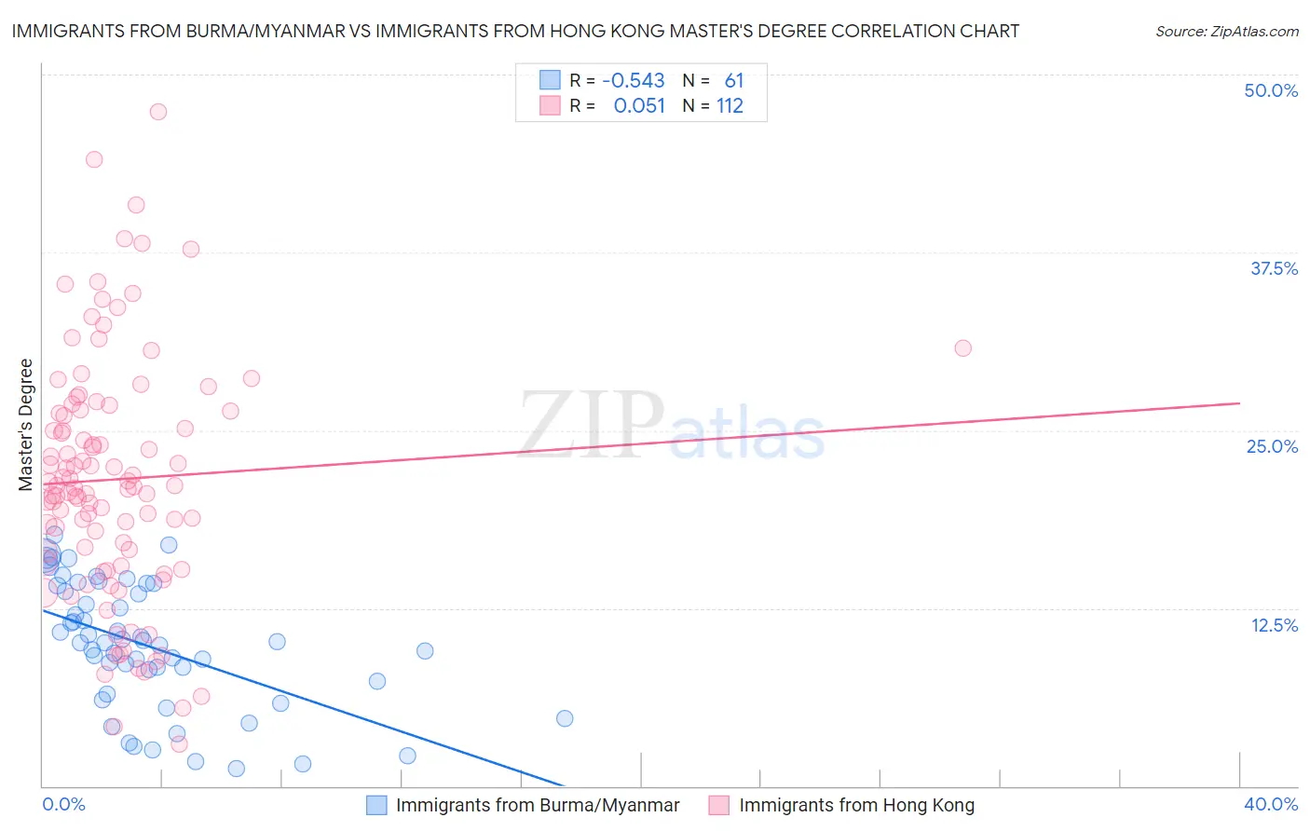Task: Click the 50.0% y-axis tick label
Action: (1271, 90)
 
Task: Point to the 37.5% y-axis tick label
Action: (1274, 268)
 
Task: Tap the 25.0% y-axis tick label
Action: (1272, 446)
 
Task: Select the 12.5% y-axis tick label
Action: (1274, 624)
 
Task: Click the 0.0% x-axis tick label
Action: (63, 804)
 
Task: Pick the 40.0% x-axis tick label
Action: (1271, 804)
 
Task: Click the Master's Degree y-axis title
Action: (26, 424)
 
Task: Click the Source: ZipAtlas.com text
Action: (1226, 31)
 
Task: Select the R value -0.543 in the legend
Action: (634, 81)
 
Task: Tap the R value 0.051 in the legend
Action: (639, 106)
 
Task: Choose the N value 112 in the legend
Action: (730, 106)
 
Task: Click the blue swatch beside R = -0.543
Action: (551, 80)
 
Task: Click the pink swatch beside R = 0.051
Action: (551, 105)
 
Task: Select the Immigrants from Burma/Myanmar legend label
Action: (538, 805)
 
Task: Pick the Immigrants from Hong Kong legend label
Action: (856, 805)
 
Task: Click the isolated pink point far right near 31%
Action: (962, 348)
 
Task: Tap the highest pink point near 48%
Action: (158, 112)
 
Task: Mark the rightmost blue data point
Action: (565, 718)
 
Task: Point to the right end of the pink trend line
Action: (1239, 403)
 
